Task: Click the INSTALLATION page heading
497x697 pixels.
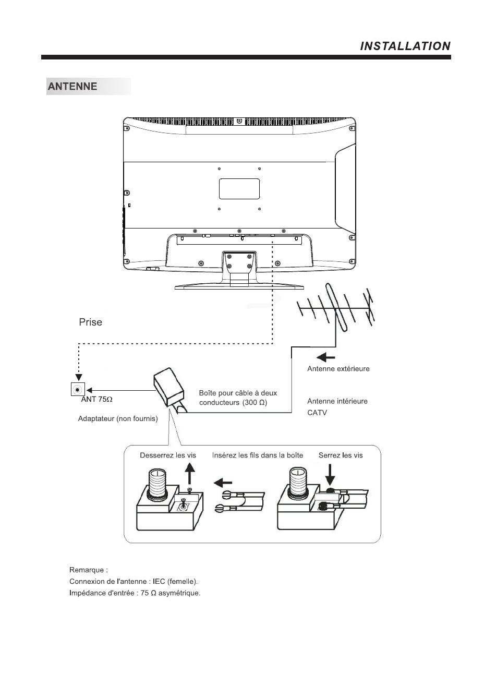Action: [x=405, y=46]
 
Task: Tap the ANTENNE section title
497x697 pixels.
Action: [x=72, y=86]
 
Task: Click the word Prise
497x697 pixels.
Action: [x=91, y=322]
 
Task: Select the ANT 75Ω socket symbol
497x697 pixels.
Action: [x=78, y=390]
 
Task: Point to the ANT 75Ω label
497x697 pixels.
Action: [x=96, y=399]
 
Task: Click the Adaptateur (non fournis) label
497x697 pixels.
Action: [x=118, y=419]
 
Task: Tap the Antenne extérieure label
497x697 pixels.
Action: [x=338, y=369]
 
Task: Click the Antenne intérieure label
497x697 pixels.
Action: [x=337, y=401]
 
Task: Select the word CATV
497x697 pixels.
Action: [x=317, y=413]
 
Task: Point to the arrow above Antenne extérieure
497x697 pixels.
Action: [x=325, y=357]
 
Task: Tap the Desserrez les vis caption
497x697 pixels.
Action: [x=168, y=455]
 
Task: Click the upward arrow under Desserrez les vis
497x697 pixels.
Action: [x=190, y=473]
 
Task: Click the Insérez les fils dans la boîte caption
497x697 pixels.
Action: [x=258, y=455]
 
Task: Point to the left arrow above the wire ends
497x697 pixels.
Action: [x=223, y=483]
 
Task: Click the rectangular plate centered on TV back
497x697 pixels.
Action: [x=239, y=189]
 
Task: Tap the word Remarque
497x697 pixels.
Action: [x=87, y=570]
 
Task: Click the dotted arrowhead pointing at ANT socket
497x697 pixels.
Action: [x=79, y=377]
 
